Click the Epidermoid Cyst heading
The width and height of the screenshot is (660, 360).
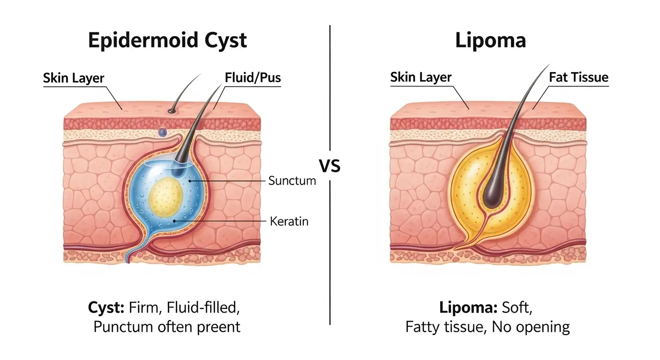pyautogui.click(x=167, y=40)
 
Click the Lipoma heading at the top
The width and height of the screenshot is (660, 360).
pyautogui.click(x=490, y=40)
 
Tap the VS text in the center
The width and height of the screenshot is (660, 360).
pyautogui.click(x=330, y=166)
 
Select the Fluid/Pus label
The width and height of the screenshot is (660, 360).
pyautogui.click(x=253, y=77)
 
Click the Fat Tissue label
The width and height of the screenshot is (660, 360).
pyautogui.click(x=578, y=77)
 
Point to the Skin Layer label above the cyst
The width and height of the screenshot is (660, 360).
pyautogui.click(x=73, y=78)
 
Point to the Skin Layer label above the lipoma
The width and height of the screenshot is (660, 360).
pyautogui.click(x=420, y=78)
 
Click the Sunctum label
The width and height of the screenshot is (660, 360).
pyautogui.click(x=292, y=180)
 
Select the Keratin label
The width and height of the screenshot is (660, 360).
pyautogui.click(x=289, y=221)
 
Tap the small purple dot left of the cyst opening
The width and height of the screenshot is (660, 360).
pyautogui.click(x=163, y=133)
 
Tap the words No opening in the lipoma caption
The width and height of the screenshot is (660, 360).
pyautogui.click(x=530, y=327)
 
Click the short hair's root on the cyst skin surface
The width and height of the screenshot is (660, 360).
pyautogui.click(x=172, y=111)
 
